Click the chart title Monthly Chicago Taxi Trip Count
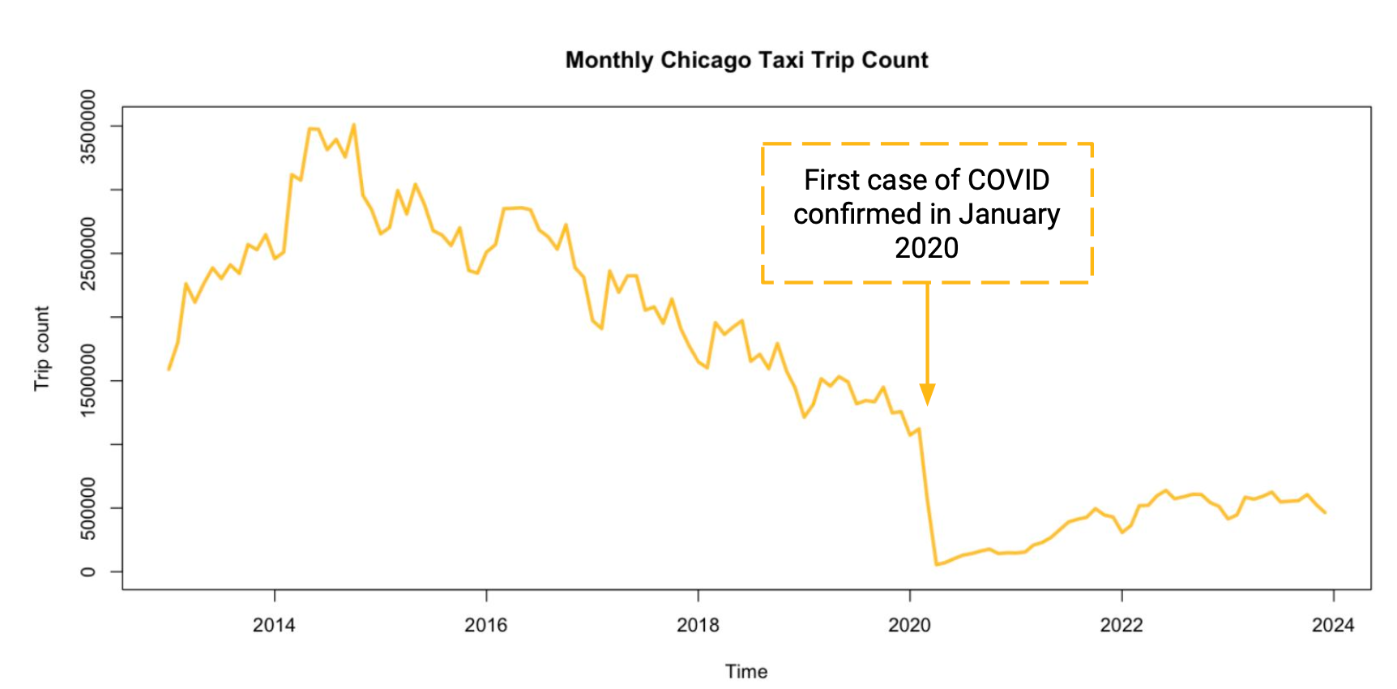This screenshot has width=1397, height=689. point(746,60)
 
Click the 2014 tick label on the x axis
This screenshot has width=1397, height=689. point(274,625)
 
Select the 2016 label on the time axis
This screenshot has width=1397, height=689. point(486,625)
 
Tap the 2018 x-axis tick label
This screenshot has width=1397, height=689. point(698,625)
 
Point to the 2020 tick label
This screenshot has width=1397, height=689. point(909,625)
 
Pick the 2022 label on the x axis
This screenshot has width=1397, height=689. point(1121,625)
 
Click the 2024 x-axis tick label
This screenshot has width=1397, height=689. point(1333,625)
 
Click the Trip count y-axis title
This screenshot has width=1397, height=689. point(41,349)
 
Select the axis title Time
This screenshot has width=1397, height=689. point(746,671)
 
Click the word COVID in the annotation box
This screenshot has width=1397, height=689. point(1008,180)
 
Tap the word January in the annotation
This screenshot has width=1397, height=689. point(1009,214)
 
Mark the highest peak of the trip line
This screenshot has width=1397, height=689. point(353,125)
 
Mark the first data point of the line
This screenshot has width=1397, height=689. point(169,370)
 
